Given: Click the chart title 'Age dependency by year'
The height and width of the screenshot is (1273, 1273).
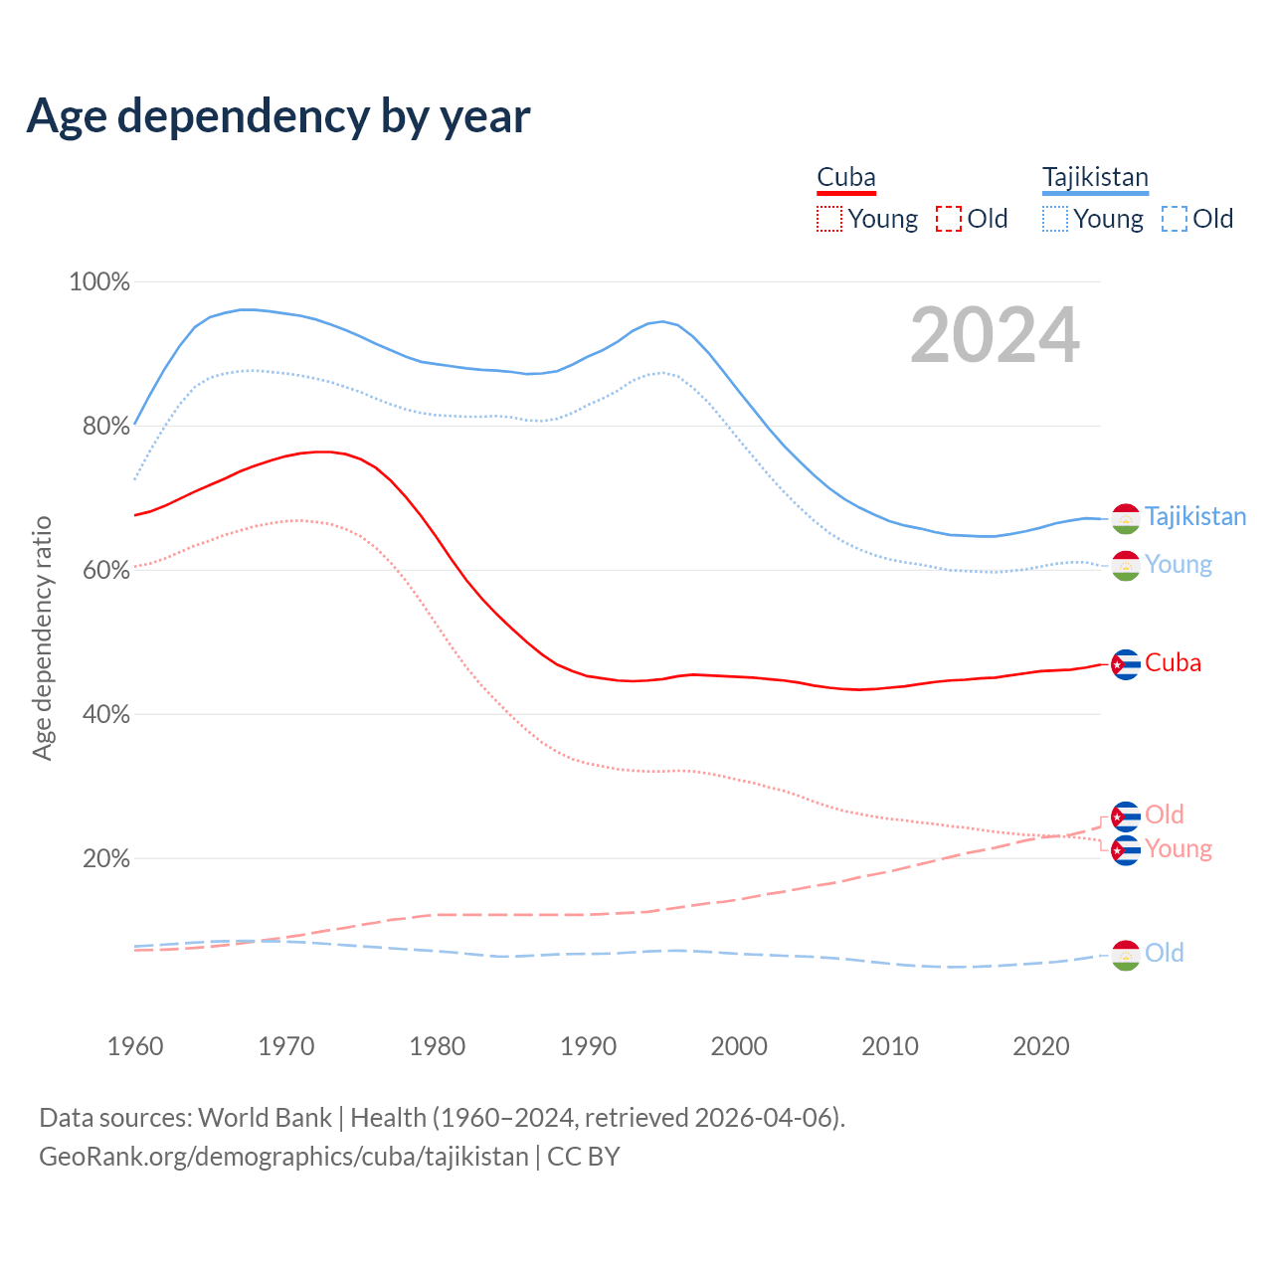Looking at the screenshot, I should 278,116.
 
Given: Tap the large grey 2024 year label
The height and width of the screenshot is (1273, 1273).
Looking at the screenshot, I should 995,336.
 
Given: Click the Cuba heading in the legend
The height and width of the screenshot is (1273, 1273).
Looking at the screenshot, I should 846,177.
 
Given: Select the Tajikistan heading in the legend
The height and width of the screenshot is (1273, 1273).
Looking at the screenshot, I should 1095,177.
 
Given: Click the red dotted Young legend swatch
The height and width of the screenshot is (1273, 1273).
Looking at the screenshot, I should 829,219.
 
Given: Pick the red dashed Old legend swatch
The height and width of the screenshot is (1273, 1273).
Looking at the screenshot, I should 949,219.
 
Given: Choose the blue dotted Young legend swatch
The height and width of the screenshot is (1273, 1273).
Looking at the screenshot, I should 1055,219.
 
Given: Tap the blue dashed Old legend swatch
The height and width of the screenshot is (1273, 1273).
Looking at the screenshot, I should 1175,219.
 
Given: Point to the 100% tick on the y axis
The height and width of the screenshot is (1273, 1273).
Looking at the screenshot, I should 99,281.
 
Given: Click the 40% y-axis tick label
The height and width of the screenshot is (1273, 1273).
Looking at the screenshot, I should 104,714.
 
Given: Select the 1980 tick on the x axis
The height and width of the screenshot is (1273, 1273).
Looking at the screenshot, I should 438,1046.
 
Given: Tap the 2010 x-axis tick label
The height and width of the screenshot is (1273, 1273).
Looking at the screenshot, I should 890,1046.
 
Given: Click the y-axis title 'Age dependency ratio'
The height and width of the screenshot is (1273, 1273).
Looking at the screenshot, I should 42,637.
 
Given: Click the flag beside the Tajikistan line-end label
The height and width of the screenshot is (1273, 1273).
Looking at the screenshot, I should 1125,518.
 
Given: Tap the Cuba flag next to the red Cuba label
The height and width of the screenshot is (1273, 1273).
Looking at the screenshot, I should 1125,663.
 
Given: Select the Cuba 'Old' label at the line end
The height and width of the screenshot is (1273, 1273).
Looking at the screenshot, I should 1164,815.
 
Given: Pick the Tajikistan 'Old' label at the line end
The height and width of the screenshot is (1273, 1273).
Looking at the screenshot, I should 1164,953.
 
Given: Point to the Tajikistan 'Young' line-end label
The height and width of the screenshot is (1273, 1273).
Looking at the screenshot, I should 1179,564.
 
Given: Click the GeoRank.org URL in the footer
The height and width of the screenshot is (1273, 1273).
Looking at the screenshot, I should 283,1157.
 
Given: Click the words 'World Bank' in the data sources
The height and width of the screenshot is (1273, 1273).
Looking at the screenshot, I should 266,1117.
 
